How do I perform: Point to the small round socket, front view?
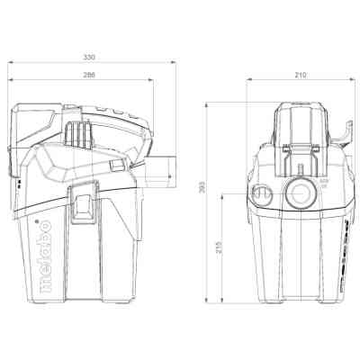pyautogui.click(x=264, y=194)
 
